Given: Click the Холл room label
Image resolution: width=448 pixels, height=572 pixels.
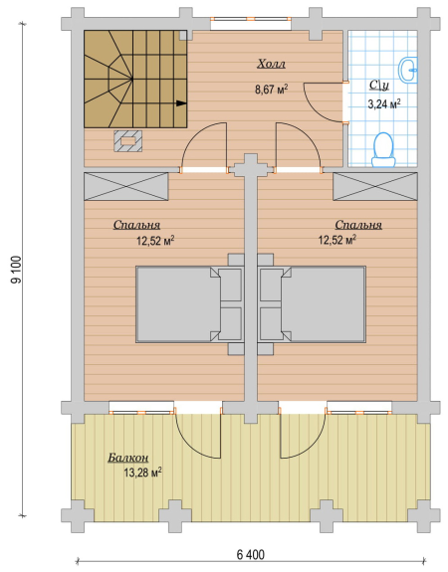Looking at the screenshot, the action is [271, 64].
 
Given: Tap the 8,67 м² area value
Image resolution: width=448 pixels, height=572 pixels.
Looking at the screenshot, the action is [271, 89].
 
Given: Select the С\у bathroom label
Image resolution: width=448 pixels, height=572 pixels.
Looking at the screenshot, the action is [379, 86].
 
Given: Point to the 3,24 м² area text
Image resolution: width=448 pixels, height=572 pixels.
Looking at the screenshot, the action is [383, 104].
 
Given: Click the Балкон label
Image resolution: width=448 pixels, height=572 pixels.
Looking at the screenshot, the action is [128, 458].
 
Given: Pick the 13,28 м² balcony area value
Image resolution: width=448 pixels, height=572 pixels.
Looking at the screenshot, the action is [142, 474].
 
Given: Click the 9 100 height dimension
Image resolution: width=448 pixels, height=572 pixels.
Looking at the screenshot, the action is [16, 270].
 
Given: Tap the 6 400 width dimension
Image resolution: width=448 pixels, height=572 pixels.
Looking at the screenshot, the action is [251, 555].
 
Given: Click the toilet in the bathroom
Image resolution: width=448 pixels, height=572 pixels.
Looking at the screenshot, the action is [383, 150].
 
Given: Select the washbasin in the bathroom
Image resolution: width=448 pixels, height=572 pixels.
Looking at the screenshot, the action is [408, 70].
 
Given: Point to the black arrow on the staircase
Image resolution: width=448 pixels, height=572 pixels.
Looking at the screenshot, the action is [181, 103].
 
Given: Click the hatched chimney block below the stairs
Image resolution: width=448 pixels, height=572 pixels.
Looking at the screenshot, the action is [127, 141].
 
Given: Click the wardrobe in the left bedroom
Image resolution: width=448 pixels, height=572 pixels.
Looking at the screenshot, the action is [126, 186].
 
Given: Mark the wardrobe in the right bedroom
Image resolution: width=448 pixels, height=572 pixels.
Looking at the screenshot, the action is [375, 186].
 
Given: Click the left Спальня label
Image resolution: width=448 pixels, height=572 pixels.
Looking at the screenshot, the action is [136, 225].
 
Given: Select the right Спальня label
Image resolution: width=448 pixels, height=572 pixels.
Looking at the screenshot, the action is [358, 225].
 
